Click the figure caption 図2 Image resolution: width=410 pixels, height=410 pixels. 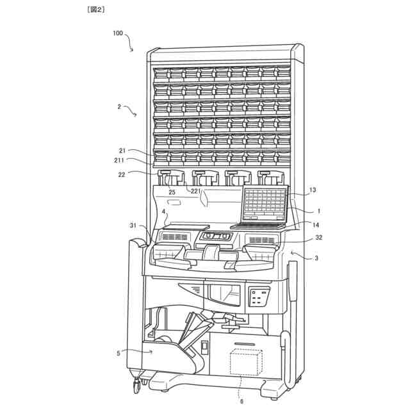pos(94,10)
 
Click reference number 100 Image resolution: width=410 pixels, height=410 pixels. pos(118,33)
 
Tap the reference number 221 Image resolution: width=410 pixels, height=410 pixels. pos(194,191)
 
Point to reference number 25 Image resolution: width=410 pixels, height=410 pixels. pos(172,192)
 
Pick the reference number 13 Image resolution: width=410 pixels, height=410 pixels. pos(313,190)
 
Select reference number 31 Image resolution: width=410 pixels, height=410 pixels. pos(134,225)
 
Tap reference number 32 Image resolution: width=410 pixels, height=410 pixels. pos(318,238)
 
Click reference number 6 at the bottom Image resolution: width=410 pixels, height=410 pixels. pos(242,401)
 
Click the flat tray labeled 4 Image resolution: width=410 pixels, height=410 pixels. pos(186,227)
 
